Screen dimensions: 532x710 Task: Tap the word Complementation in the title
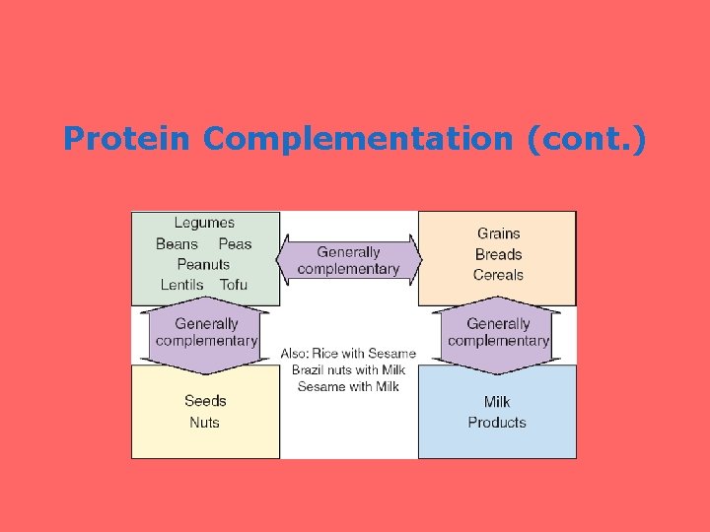(358, 139)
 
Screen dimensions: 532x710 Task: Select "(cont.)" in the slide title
(587, 139)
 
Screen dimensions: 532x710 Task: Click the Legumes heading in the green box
(204, 223)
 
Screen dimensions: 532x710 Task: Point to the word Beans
(177, 244)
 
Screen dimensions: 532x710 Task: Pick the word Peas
(235, 244)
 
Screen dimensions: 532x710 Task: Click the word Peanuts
(203, 264)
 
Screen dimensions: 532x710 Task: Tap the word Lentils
(181, 285)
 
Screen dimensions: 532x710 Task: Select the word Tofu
(234, 285)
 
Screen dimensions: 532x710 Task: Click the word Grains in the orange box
(498, 233)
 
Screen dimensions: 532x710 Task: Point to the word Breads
(498, 254)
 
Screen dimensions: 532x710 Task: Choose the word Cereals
(498, 275)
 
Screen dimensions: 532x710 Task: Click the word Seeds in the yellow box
(205, 401)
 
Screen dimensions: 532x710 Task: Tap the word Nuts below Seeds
(204, 423)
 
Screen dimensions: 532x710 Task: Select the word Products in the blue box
(497, 423)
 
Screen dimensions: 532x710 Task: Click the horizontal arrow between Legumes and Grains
(348, 260)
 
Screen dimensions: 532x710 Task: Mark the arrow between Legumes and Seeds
(206, 332)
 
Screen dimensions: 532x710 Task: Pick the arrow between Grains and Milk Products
(498, 332)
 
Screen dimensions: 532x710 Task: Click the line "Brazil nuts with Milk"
(348, 369)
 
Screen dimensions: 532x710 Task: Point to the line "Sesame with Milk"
(348, 386)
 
